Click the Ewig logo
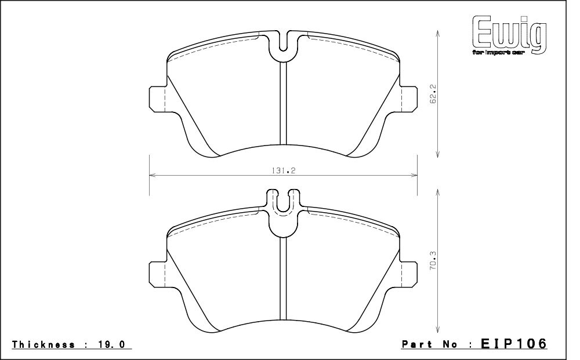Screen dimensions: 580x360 coord(509,35)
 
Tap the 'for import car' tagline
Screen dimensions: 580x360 coord(498,53)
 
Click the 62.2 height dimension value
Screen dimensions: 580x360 coord(434,94)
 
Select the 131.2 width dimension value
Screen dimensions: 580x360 coord(284,171)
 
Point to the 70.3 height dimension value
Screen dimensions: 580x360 coord(433,261)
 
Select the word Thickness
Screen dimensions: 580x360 coord(43,344)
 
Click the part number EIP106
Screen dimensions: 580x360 coord(513,343)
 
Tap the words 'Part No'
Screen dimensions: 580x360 coord(430,344)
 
